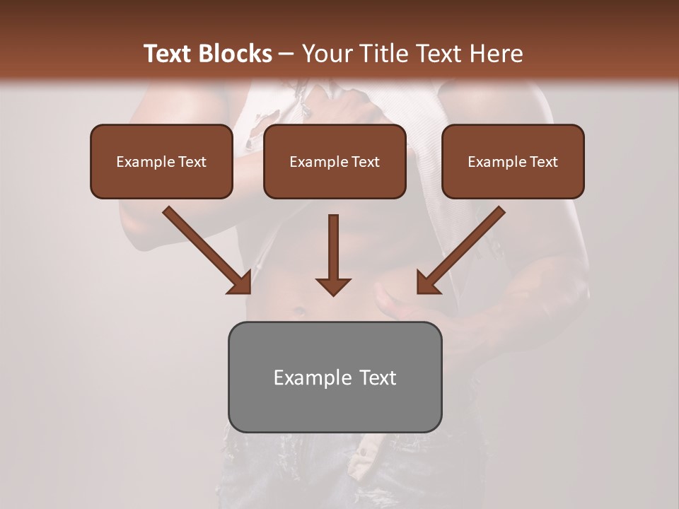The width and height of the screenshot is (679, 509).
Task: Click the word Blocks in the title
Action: (236, 54)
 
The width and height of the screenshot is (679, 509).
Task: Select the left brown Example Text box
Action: (161, 161)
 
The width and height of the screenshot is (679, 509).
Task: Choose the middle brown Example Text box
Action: (335, 161)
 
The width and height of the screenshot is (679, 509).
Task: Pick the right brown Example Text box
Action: (513, 161)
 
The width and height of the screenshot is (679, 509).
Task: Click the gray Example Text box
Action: (335, 377)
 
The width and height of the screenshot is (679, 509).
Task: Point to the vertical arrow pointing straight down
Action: (333, 255)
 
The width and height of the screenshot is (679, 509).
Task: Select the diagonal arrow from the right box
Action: (461, 250)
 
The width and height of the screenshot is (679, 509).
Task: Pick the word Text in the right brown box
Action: (543, 162)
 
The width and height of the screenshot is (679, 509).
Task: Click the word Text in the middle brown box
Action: (365, 162)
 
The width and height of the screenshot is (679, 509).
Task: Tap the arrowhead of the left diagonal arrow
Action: (239, 282)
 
